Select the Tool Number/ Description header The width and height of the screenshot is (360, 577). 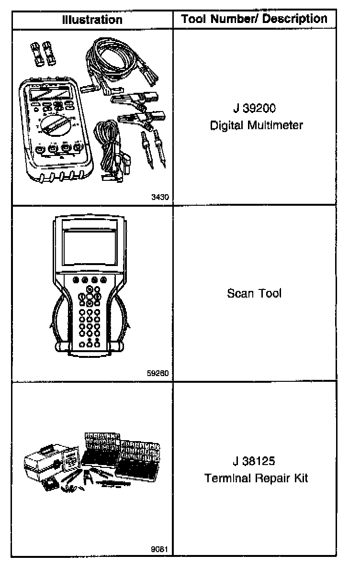click(254, 19)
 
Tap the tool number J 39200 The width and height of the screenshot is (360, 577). click(254, 109)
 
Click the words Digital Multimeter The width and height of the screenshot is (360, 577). click(257, 126)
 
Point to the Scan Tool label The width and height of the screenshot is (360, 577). click(254, 293)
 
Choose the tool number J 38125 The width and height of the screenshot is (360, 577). click(254, 462)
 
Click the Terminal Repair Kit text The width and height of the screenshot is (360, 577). click(256, 478)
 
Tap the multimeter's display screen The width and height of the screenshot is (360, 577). click(51, 92)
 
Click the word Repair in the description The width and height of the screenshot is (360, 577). click(271, 479)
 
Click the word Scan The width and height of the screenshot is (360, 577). click(239, 293)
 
